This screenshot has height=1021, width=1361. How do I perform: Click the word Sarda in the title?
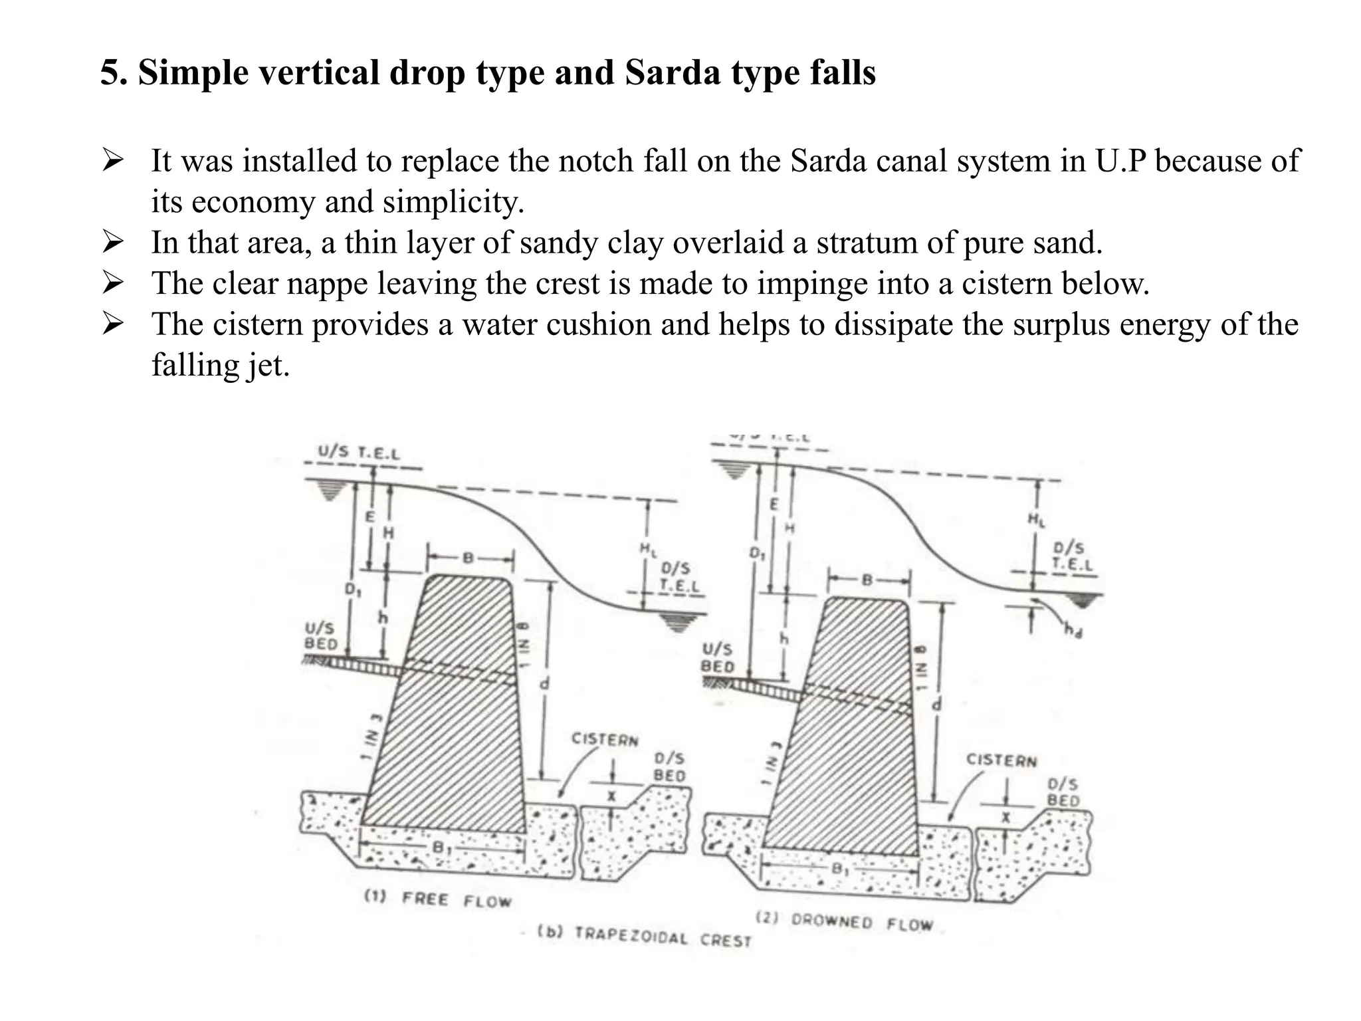tap(672, 73)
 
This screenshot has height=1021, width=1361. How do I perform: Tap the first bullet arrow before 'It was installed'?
tap(112, 161)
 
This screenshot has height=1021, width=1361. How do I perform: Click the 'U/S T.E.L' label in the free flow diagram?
tap(359, 453)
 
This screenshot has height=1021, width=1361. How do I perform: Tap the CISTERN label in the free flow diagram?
tap(605, 740)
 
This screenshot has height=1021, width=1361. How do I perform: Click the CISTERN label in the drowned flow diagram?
tap(1001, 760)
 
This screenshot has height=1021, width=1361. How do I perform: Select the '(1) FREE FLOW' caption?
tap(438, 899)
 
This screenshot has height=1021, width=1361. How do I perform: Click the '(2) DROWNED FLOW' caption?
tap(845, 921)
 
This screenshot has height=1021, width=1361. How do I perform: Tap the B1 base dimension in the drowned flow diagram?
tap(839, 869)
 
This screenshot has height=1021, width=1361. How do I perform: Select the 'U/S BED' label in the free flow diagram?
tap(321, 636)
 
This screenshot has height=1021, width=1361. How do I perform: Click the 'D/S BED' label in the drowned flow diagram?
tap(1063, 792)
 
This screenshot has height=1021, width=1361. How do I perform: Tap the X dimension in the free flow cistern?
tap(612, 796)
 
